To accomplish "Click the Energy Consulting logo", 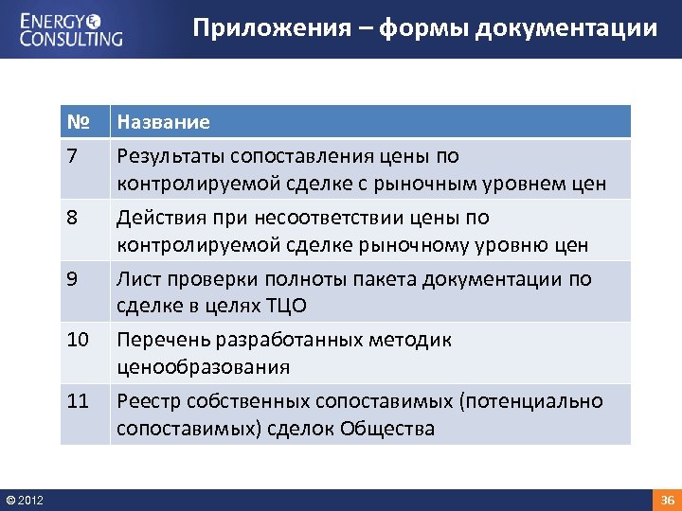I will [x=72, y=28].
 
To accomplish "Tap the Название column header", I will [x=163, y=122].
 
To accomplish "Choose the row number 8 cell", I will [x=74, y=218].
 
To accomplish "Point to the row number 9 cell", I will [x=74, y=279].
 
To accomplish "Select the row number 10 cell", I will [x=78, y=340].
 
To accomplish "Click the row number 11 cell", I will [x=78, y=401].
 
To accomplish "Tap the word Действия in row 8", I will [x=160, y=218].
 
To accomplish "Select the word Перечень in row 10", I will [x=163, y=340].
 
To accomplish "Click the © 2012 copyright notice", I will [x=25, y=500].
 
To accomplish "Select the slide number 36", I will [x=667, y=500].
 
